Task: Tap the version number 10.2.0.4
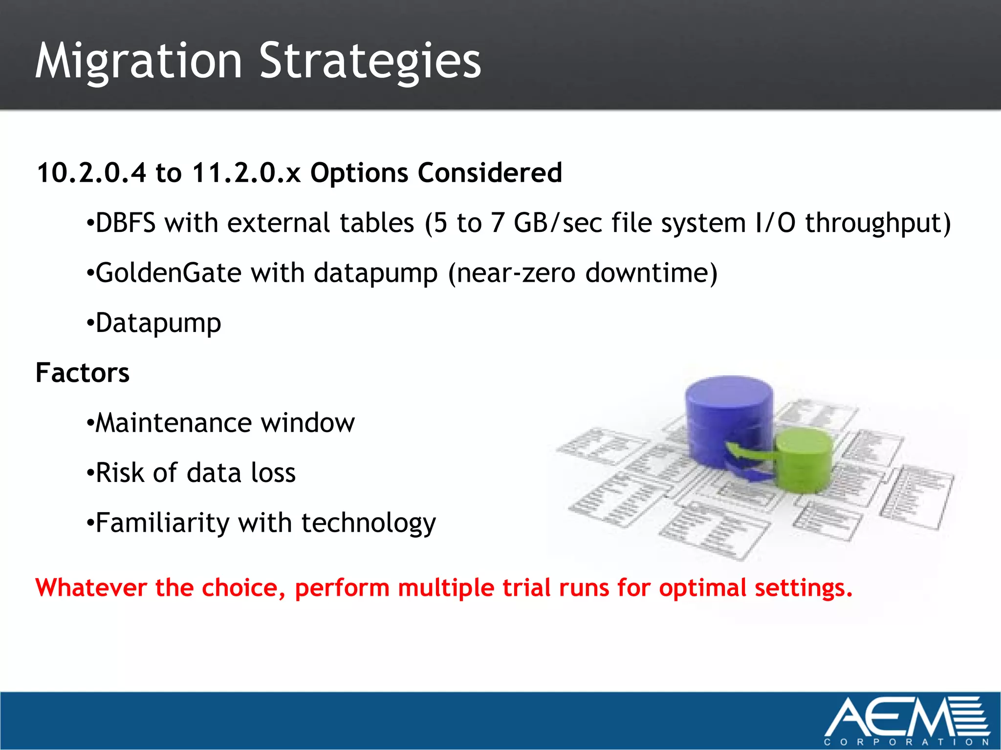(91, 173)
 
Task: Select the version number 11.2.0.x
(246, 173)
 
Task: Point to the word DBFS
(126, 223)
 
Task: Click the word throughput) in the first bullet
(878, 223)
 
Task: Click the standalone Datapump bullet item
(158, 323)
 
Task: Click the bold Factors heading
(83, 373)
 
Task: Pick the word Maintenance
(173, 423)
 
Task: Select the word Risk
(120, 473)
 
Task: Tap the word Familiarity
(162, 523)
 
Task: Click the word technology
(369, 523)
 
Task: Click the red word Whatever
(91, 587)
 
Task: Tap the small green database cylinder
(804, 459)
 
